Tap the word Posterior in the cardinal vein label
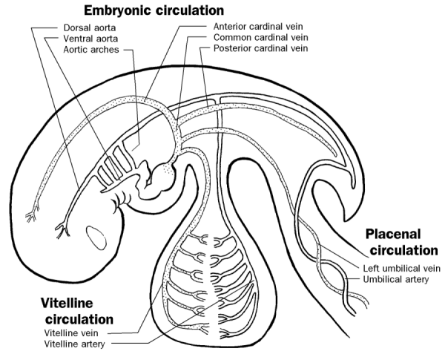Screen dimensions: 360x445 232,49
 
